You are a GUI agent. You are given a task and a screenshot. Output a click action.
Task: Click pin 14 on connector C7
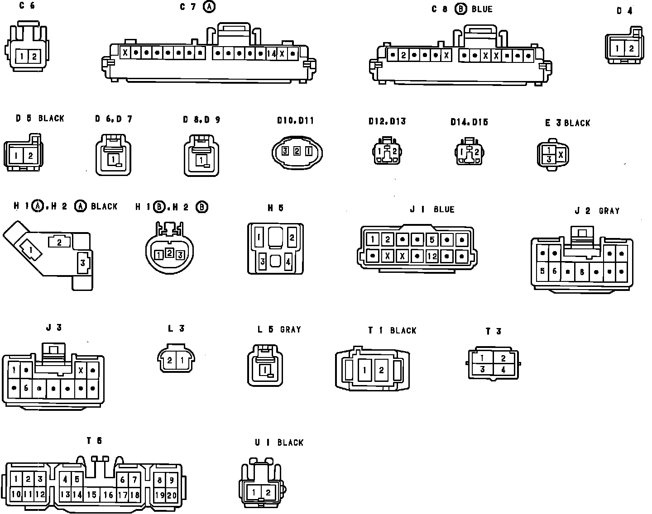point(272,53)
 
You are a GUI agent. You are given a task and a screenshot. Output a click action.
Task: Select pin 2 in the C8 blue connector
point(403,55)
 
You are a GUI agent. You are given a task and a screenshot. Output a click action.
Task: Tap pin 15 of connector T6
point(92,495)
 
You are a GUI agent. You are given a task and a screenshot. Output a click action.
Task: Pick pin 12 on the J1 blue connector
point(432,256)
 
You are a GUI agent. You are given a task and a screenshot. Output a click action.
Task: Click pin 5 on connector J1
point(432,239)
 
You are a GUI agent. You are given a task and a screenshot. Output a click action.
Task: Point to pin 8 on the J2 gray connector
point(582,272)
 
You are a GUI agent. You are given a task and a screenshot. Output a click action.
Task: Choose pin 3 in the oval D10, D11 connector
point(285,151)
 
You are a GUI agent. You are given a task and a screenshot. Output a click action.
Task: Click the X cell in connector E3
point(561,155)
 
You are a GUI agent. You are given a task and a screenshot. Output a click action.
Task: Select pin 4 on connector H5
point(288,261)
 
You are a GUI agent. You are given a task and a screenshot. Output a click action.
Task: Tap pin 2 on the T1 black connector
point(381,371)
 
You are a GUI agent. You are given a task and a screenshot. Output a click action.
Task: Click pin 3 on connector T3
point(483,369)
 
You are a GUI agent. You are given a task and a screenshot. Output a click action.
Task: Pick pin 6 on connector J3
point(26,388)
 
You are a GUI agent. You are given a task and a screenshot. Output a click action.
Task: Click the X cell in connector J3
point(81,370)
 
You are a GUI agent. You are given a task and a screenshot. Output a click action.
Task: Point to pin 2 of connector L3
point(170,361)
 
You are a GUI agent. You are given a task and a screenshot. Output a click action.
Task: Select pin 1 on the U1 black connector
point(254,493)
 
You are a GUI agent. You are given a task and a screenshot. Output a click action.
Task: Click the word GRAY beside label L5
point(290,329)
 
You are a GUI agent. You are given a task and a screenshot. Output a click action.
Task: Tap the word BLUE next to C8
point(482,9)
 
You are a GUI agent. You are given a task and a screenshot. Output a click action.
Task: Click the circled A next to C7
point(209,7)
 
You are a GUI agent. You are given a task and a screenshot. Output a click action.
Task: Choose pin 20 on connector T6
point(172,495)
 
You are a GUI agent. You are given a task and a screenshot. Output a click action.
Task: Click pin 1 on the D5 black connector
point(16,156)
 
